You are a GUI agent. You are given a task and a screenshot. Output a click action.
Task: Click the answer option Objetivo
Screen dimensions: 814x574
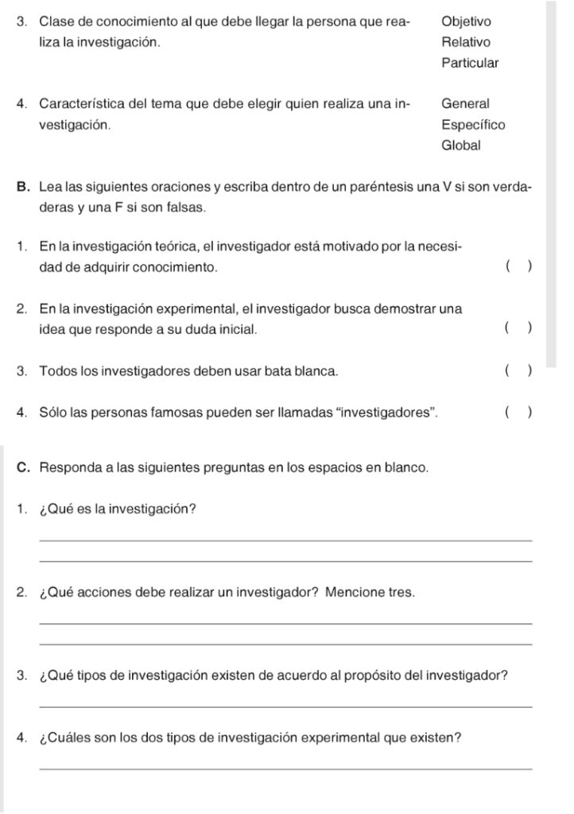point(466,21)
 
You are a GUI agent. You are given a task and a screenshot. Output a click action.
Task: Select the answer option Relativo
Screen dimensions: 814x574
point(466,42)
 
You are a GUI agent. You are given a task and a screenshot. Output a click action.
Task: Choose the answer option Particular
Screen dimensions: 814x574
point(470,63)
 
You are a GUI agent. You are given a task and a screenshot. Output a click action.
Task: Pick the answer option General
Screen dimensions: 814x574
point(465,103)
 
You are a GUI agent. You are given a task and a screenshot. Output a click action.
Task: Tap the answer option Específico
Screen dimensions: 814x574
point(473,125)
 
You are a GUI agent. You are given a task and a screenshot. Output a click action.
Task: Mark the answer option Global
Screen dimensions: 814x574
point(461,145)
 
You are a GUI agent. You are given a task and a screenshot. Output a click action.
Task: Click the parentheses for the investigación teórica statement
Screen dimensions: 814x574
point(518,268)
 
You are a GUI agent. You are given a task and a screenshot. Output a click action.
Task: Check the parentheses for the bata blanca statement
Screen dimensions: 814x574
point(518,370)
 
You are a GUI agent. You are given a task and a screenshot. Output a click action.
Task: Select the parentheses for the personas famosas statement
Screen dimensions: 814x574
point(518,413)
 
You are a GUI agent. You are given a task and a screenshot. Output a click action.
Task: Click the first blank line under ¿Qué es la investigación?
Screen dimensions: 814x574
point(285,541)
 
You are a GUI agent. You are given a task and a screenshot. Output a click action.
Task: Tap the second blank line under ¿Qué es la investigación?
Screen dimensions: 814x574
point(285,561)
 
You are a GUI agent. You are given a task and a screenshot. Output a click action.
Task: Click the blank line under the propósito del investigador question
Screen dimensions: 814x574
point(285,706)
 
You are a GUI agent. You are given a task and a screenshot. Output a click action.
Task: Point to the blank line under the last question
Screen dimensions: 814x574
point(285,768)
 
